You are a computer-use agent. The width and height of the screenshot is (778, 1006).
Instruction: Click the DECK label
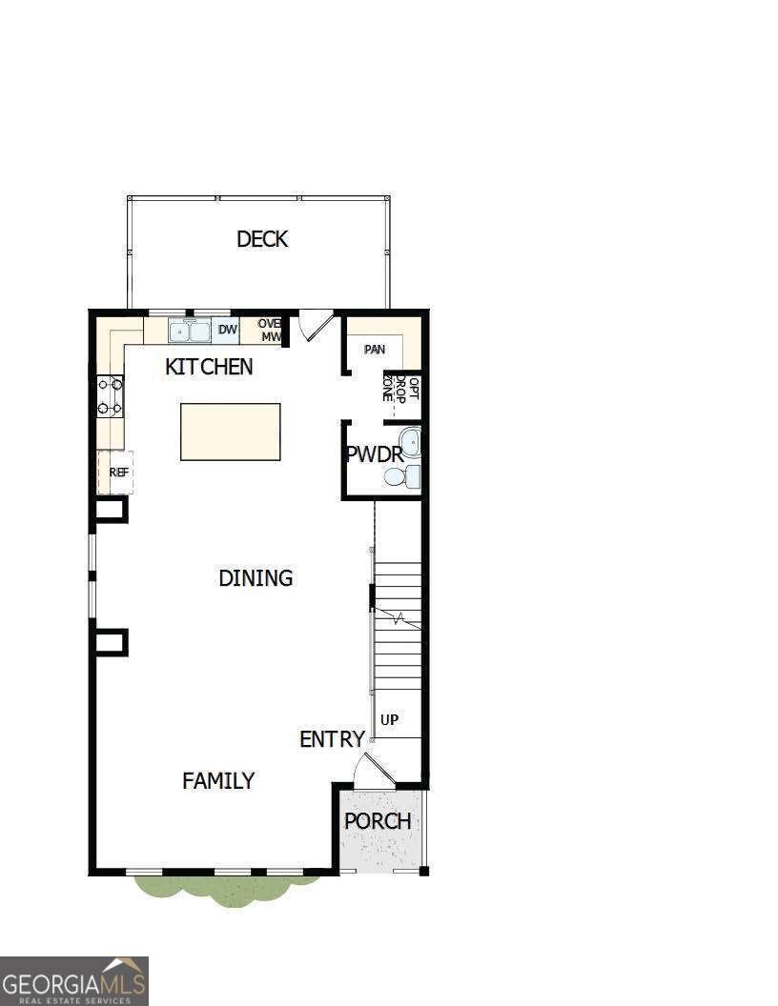(262, 239)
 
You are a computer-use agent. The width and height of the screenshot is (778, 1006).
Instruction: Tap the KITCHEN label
(209, 367)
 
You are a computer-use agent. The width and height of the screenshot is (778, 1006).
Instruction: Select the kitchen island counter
(231, 432)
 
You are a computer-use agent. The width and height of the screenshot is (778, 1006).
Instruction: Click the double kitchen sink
(190, 332)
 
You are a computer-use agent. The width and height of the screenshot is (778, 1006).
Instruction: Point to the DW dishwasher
(227, 331)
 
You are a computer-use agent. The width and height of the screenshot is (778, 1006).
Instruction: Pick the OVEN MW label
(270, 331)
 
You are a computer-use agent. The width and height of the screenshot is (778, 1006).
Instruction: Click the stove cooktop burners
(110, 396)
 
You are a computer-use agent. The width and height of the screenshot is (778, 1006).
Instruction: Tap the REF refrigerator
(118, 472)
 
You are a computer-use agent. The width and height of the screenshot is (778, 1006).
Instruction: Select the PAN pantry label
(375, 350)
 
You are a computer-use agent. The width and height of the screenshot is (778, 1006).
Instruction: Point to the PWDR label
(375, 454)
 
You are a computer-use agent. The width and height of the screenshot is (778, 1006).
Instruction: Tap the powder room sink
(410, 442)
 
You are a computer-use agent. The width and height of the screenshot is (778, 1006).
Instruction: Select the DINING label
(256, 578)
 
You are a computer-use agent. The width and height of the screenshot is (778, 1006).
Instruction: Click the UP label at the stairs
(389, 720)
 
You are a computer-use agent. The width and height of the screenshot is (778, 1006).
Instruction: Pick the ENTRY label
(332, 739)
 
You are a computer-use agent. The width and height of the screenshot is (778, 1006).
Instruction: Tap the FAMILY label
(218, 781)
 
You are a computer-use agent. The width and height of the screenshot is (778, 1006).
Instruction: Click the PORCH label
(378, 821)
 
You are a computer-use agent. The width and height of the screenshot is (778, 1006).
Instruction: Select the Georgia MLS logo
(74, 980)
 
